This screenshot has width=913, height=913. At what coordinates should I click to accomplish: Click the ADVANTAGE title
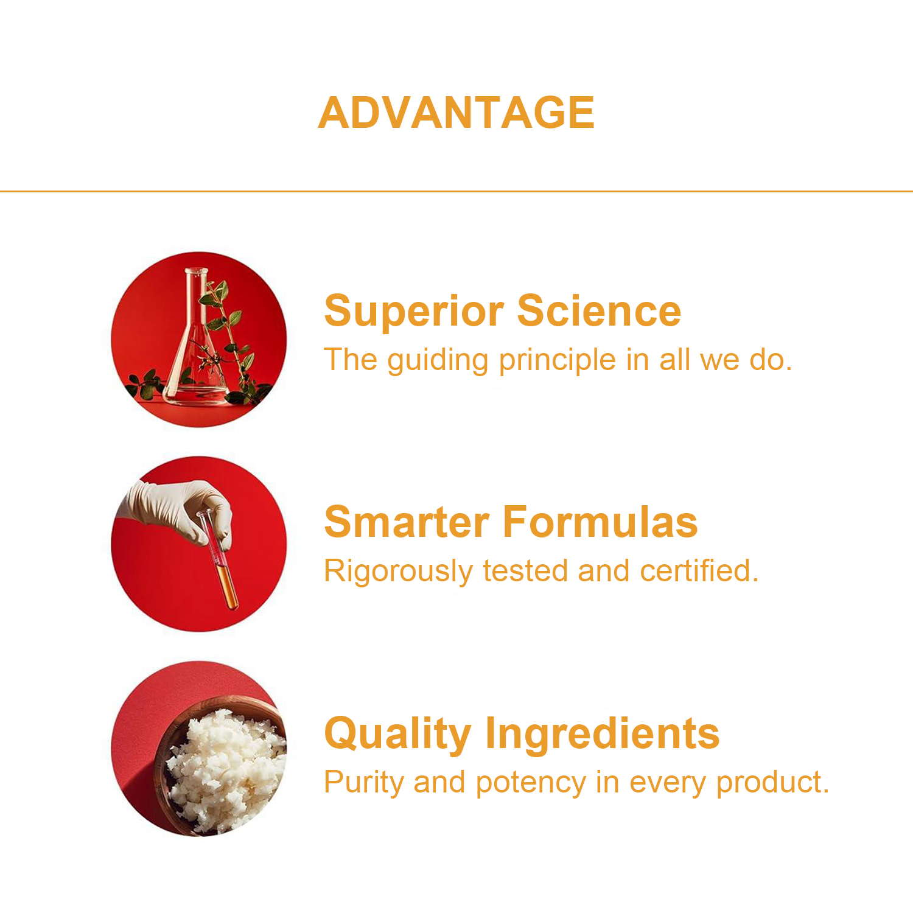[456, 113]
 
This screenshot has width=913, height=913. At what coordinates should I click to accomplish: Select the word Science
[599, 310]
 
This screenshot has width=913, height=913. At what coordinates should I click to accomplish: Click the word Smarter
[407, 522]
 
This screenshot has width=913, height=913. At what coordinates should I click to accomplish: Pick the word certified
[699, 571]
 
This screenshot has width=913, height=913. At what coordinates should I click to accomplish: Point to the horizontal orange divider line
[456, 191]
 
